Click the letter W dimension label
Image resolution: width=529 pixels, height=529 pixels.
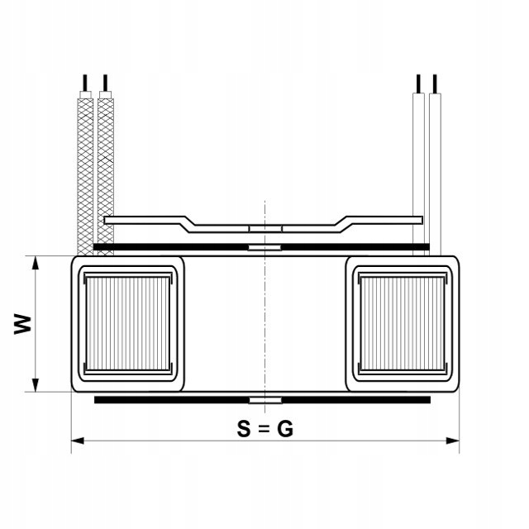click(24, 323)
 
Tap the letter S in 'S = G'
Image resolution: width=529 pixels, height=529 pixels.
click(243, 429)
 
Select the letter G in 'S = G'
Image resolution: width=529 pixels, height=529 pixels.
click(285, 429)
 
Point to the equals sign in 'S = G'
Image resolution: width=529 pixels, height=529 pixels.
click(264, 430)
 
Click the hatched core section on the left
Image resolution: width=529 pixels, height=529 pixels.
click(127, 323)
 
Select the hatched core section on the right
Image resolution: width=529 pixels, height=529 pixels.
click(403, 323)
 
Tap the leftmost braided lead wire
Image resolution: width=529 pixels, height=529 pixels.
click(84, 174)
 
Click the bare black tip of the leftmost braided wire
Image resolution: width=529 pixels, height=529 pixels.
click(83, 83)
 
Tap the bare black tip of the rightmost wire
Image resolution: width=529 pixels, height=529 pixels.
click(436, 83)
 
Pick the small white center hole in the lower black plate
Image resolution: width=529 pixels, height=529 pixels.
click(264, 400)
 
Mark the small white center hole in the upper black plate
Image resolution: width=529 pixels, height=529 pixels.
click(264, 246)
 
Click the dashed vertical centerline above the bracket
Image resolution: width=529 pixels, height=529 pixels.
click(264, 211)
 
